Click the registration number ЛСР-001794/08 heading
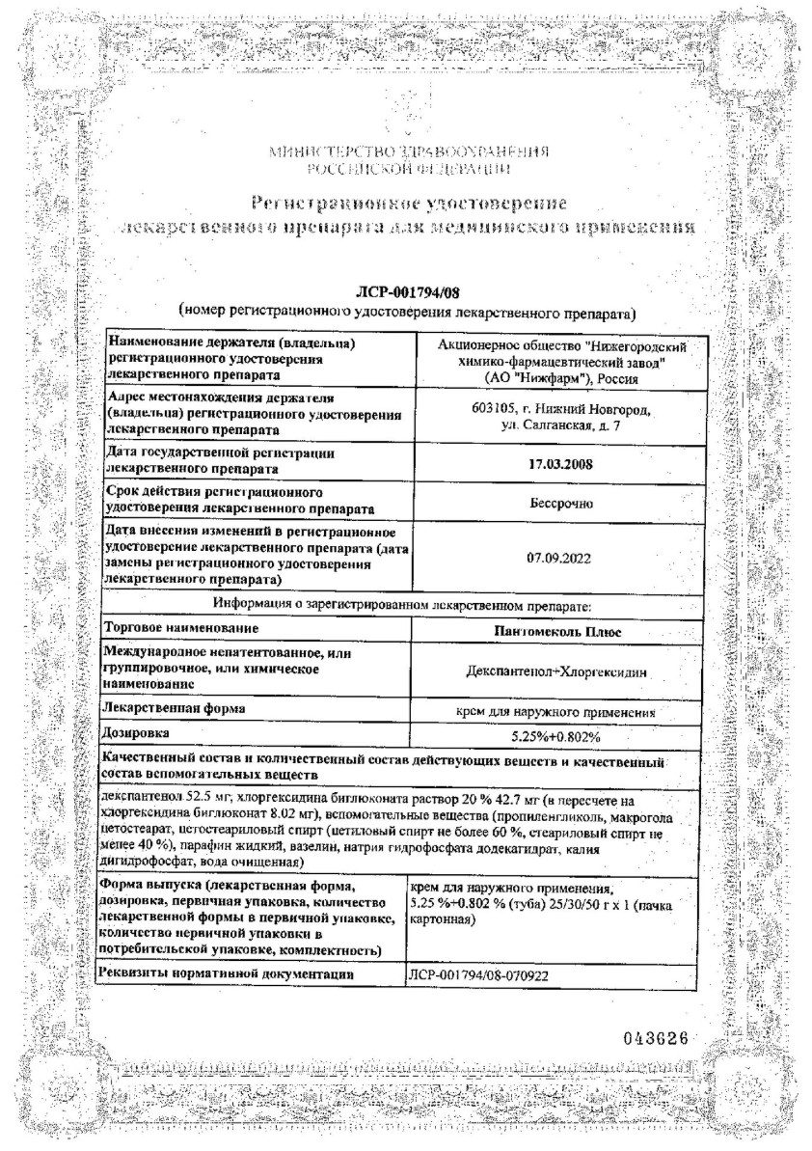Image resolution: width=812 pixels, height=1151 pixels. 404,294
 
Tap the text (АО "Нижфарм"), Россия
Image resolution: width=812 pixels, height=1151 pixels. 554,376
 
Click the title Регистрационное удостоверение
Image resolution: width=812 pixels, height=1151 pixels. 409,203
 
